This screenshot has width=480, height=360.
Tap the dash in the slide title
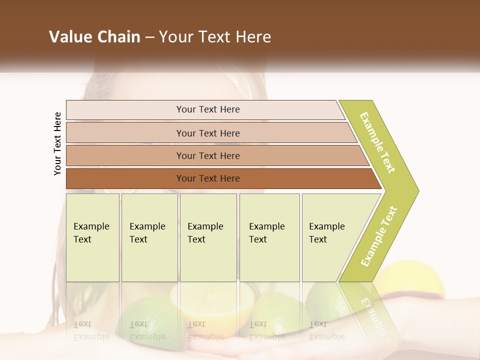coord(149,37)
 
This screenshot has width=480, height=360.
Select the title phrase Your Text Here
coord(215,37)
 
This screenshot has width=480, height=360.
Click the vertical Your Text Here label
coord(58,143)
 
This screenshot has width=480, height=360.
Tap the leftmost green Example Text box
coord(92,237)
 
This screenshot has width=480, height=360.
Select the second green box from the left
coord(149,237)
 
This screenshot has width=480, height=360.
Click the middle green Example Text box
coord(208,237)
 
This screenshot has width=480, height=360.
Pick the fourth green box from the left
coord(269,237)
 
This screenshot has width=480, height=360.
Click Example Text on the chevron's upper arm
coord(378,142)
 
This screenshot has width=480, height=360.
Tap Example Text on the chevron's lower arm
coord(379,236)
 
